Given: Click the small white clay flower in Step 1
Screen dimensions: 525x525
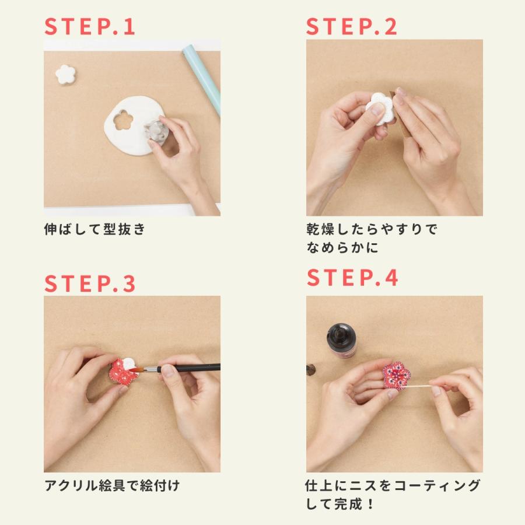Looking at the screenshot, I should pos(65,74).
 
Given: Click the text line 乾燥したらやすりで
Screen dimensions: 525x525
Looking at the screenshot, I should pos(371,229).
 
